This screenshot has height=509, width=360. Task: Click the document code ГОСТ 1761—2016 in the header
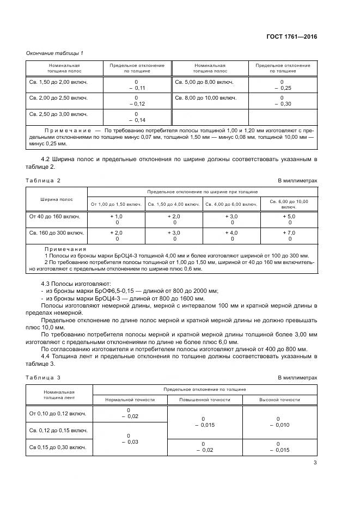click(291, 36)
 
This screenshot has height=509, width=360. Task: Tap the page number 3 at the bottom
click(315, 463)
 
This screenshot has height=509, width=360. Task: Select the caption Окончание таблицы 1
click(55, 53)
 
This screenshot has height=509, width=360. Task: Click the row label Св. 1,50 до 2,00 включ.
click(59, 82)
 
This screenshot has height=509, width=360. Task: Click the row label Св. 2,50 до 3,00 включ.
click(59, 114)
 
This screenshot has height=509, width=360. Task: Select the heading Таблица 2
click(44, 180)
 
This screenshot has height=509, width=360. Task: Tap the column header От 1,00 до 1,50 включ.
click(116, 204)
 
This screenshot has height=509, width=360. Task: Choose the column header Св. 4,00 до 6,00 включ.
click(231, 204)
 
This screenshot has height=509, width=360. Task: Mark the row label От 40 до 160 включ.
click(54, 216)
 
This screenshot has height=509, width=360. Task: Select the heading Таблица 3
click(44, 377)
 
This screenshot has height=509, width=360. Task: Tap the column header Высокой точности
click(279, 400)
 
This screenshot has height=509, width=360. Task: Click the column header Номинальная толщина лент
click(59, 395)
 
